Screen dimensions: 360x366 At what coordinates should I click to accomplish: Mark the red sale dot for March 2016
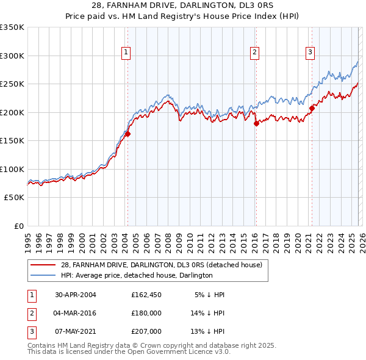[256, 123]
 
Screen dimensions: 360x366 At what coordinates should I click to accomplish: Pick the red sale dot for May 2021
[312, 109]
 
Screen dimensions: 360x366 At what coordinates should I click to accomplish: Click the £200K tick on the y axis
[12, 112]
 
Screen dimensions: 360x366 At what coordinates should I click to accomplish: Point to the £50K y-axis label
[15, 198]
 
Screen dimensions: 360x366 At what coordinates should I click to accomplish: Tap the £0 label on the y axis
[18, 226]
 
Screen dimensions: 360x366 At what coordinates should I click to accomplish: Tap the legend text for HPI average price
[137, 275]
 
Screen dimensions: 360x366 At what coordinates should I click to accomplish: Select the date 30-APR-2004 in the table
[76, 295]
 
